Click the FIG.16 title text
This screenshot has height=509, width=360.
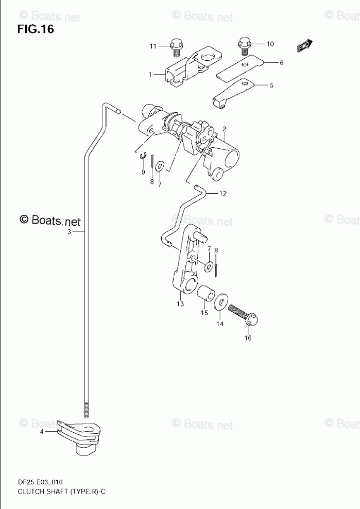click(x=35, y=29)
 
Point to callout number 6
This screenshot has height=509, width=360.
click(x=281, y=63)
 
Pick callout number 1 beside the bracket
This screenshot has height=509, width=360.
click(x=150, y=75)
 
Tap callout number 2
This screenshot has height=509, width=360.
click(x=225, y=128)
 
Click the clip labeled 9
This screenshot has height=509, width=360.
click(x=146, y=157)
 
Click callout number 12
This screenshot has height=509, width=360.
click(x=222, y=194)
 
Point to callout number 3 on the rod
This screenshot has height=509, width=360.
click(x=69, y=232)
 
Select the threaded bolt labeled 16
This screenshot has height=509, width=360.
click(x=243, y=314)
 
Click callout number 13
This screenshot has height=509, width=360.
click(x=180, y=304)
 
